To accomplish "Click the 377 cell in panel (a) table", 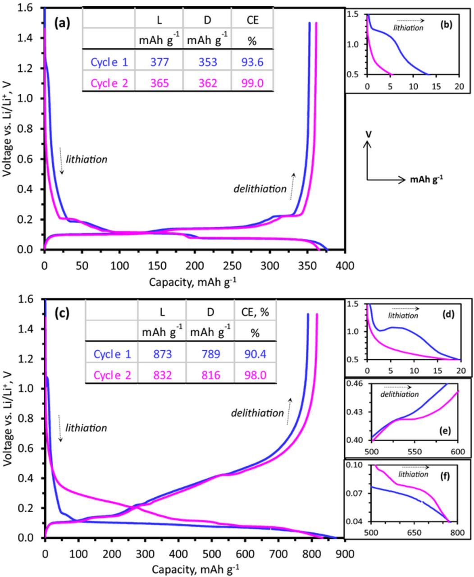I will click(x=159, y=62).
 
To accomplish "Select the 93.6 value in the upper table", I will click(x=252, y=62).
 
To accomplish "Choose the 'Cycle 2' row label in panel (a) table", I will click(x=109, y=83).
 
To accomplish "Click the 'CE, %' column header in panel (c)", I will click(x=255, y=311).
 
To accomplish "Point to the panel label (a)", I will click(x=62, y=23).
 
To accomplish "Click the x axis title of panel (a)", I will click(x=194, y=282).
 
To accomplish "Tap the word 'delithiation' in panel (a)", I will click(x=260, y=189).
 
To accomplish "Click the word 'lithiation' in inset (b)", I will click(x=408, y=28).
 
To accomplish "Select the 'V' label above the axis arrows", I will click(x=369, y=134).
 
